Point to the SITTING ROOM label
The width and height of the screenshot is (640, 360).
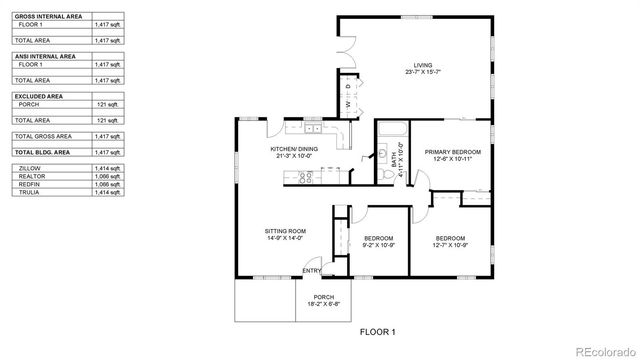286,231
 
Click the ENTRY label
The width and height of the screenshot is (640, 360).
312,271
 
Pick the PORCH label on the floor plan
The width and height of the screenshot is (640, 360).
324,297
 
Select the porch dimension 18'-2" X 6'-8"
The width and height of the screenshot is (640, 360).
324,304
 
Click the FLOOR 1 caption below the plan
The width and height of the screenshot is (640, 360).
378,331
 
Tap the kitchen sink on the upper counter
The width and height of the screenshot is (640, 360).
312,129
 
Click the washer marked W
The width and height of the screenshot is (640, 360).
349,105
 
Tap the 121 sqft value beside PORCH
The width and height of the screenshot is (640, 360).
107,103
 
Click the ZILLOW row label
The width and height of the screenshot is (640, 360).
30,169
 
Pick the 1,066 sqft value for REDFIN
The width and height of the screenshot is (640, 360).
107,184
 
